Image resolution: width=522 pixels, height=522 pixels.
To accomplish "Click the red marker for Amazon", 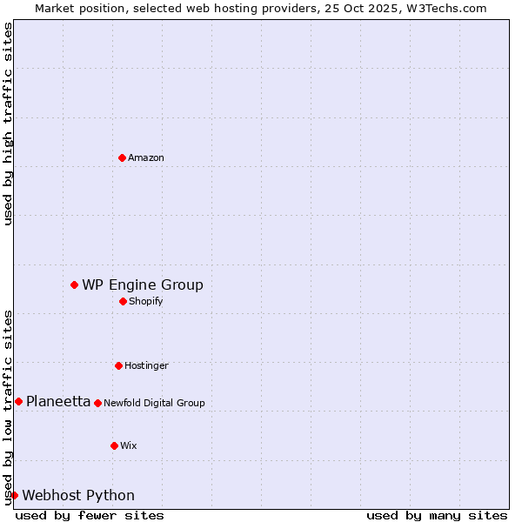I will tap(122, 157).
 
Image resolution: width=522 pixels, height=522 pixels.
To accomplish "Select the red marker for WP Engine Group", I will tap(74, 284).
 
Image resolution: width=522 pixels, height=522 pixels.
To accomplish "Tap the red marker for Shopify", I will tap(123, 301).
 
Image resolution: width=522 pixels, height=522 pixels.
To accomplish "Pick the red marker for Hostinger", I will tap(118, 365).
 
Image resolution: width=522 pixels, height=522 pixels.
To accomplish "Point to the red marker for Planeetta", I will tap(18, 401).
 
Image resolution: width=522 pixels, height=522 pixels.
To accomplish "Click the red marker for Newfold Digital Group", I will tap(97, 403).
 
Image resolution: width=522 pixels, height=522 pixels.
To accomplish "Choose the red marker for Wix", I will tap(114, 445).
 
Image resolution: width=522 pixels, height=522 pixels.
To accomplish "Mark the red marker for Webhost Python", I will tap(14, 495).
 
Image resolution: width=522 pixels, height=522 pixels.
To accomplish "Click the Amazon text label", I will tap(146, 157).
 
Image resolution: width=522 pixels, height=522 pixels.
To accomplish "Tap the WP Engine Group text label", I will tap(143, 284).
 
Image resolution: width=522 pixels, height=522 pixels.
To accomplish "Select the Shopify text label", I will tap(146, 301).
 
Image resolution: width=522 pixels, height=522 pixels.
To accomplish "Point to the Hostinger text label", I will tap(146, 365).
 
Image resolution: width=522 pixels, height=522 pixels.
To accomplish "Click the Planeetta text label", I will tap(58, 401).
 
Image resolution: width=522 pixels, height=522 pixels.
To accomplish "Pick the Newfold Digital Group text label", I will tap(154, 403).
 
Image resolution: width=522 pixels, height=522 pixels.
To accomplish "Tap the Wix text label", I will tap(129, 445).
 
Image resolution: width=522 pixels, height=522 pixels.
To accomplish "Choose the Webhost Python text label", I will tap(78, 495).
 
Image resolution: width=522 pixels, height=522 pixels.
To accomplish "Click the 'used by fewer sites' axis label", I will tap(90, 515).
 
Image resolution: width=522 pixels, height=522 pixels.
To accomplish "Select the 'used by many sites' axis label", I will tap(437, 515).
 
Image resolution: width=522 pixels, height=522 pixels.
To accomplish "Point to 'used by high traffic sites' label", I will tap(8, 124).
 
